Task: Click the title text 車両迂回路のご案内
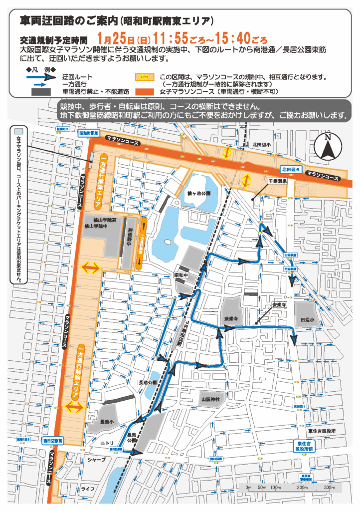tap(69, 21)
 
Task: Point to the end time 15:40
tap(229, 38)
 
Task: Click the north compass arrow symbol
tap(327, 147)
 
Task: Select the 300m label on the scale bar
tap(329, 487)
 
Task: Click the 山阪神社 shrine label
tap(211, 400)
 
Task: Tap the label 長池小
tap(107, 422)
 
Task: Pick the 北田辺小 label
tap(261, 145)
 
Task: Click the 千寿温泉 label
tap(278, 181)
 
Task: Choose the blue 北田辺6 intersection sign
tap(291, 169)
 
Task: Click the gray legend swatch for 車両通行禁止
tap(45, 92)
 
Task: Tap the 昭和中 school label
tap(180, 275)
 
